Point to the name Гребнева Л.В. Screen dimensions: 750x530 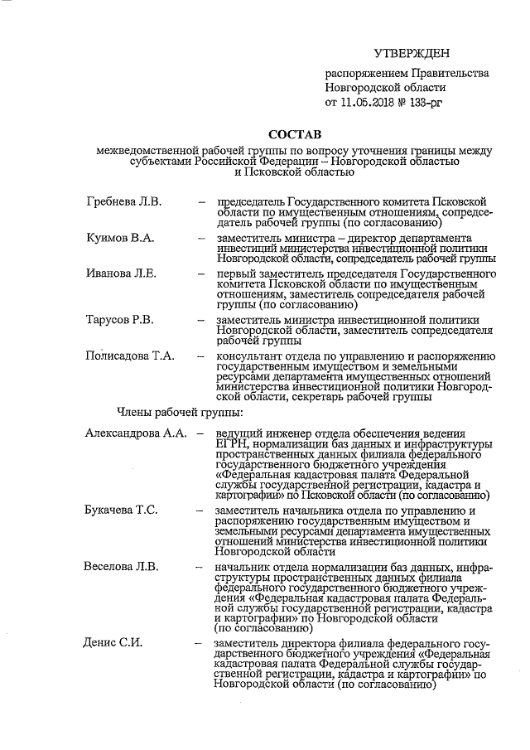tap(124, 201)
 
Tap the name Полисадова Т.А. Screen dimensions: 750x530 tap(129, 356)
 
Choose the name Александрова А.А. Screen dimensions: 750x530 tap(136, 433)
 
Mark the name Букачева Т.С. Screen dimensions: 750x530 tap(122, 509)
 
